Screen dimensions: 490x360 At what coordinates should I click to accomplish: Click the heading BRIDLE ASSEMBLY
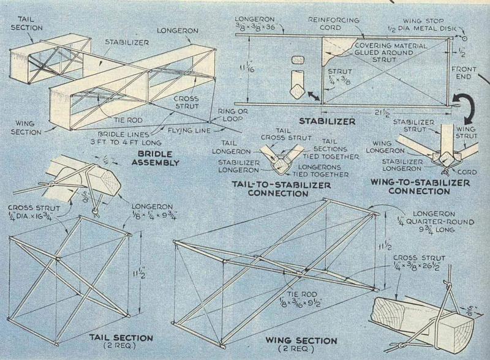(155, 158)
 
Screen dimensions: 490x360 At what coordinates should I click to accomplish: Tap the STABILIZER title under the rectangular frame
(327, 121)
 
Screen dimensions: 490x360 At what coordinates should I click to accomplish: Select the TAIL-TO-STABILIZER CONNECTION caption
(281, 189)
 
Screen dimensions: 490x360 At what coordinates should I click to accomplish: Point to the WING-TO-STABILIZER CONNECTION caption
(420, 187)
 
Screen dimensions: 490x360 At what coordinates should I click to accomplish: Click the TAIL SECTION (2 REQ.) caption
(121, 341)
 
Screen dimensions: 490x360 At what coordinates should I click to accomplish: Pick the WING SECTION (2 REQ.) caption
(301, 344)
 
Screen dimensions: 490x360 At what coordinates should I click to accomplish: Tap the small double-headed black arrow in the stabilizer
(314, 96)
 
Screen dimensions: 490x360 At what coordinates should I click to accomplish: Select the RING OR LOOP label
(233, 114)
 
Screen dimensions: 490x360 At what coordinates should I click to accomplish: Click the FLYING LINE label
(189, 130)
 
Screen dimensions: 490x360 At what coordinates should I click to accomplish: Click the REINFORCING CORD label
(333, 24)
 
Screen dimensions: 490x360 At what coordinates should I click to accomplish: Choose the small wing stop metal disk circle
(464, 39)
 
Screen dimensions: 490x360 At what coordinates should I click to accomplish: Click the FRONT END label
(464, 72)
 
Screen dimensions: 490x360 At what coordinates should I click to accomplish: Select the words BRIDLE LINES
(124, 135)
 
